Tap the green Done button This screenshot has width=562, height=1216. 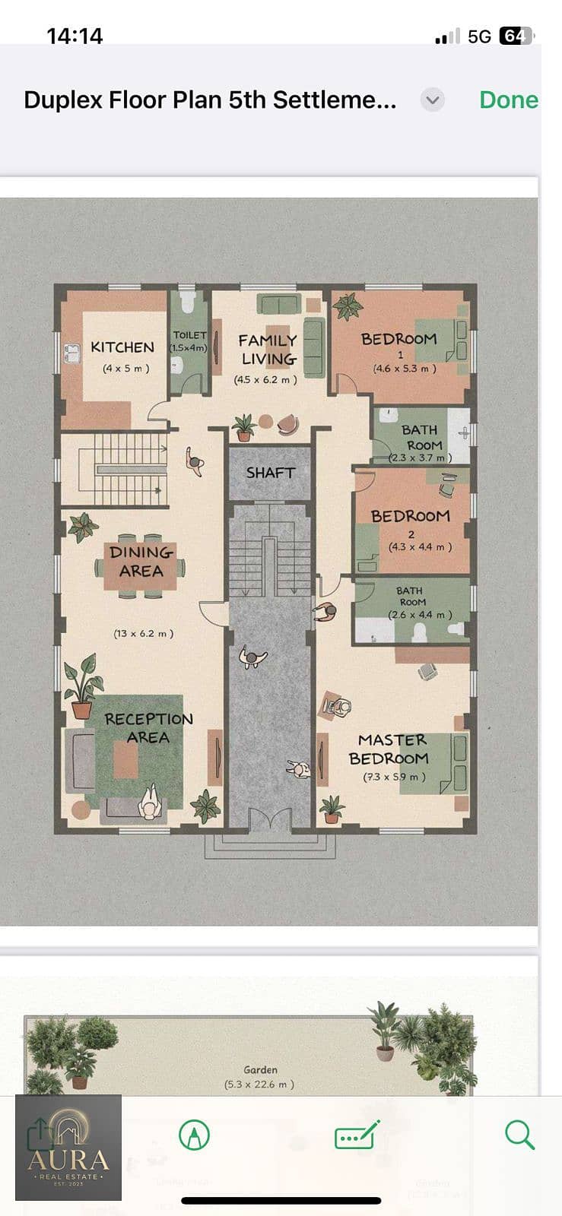[509, 100]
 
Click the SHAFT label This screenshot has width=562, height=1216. [271, 473]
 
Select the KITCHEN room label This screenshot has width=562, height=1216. [122, 347]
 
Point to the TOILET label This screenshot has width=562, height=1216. [189, 335]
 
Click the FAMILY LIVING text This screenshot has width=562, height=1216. [268, 350]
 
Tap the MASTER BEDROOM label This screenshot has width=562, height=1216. [389, 749]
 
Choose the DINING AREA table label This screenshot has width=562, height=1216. [141, 562]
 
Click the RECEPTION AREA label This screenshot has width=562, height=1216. [148, 728]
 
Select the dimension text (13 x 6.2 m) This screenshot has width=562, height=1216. [143, 634]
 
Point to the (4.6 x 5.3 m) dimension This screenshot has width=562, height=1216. [405, 369]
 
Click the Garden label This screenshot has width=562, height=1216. [261, 1069]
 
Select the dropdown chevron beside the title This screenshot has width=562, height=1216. [433, 100]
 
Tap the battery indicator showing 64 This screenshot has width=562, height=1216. [515, 36]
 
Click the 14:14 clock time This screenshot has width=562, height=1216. [75, 36]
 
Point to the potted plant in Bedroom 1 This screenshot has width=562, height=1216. [348, 306]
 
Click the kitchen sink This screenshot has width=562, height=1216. [71, 354]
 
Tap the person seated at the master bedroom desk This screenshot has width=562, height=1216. [338, 707]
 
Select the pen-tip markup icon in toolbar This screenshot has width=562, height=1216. [195, 1135]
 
